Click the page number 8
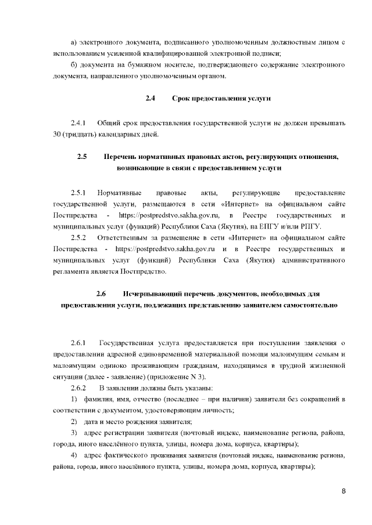[344, 491]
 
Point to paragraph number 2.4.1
[78, 124]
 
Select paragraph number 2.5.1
[78, 192]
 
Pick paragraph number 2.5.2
[78, 238]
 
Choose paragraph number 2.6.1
[78, 343]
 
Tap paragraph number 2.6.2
[78, 388]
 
